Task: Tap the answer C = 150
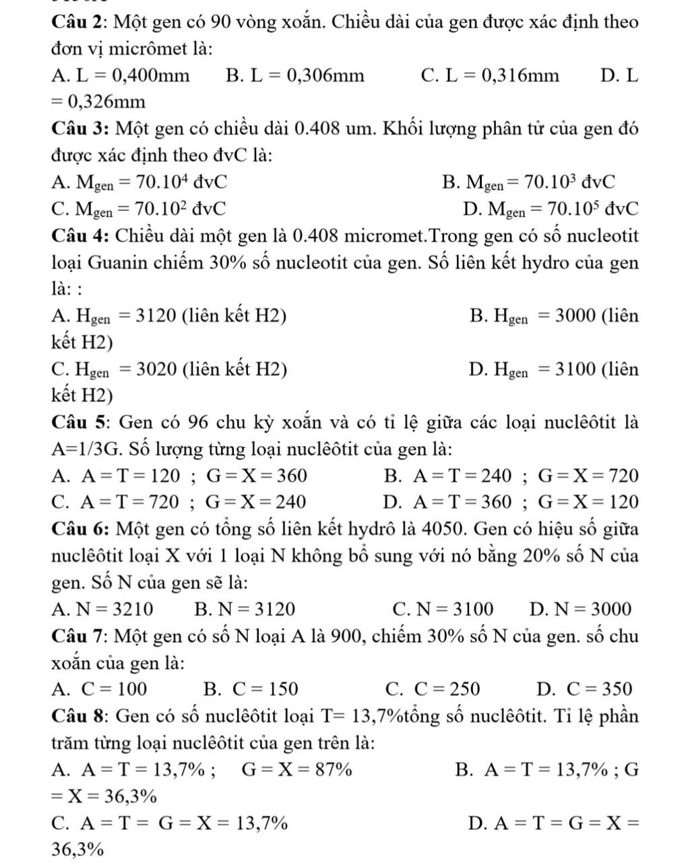click(265, 688)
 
